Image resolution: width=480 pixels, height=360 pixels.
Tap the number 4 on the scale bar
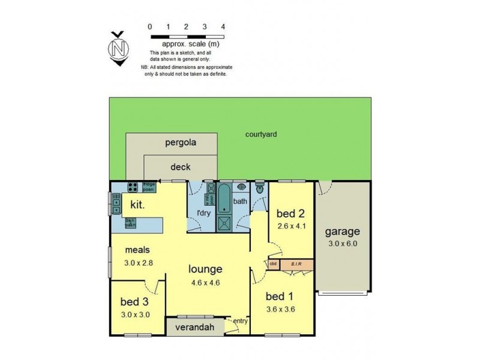coord(223,26)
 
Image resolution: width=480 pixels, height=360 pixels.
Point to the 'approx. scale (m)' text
coord(190,44)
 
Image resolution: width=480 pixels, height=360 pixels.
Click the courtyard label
coord(261,134)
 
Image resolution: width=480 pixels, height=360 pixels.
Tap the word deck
coord(181,167)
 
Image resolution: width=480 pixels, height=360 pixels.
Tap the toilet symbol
coord(260,188)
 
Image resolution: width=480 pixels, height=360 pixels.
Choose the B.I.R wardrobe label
coord(296,263)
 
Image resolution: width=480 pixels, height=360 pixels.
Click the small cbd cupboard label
coord(273,263)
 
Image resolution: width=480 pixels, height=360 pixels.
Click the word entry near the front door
coord(240,321)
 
